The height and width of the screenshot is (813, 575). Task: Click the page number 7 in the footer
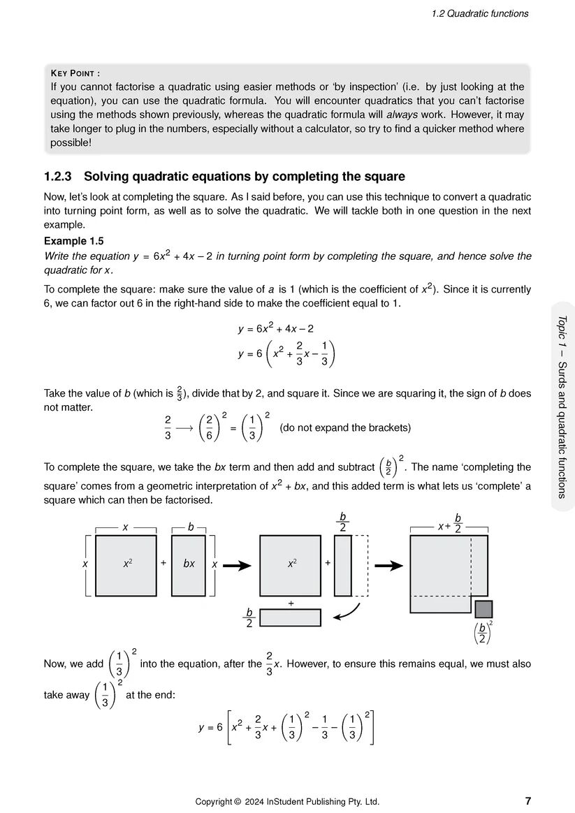(x=527, y=801)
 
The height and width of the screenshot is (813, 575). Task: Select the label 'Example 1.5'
(x=73, y=241)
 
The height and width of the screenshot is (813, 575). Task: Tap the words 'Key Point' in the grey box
(x=75, y=73)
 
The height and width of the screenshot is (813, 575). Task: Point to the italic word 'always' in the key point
(x=402, y=115)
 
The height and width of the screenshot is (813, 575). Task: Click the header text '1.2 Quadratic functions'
(x=480, y=13)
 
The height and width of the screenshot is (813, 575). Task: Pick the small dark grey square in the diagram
(x=483, y=609)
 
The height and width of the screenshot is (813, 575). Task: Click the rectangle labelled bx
(x=189, y=565)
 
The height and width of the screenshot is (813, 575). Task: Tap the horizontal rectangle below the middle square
(x=290, y=617)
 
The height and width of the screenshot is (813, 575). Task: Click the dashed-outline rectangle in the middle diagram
(x=360, y=565)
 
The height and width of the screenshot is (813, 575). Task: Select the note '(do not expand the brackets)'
(x=344, y=427)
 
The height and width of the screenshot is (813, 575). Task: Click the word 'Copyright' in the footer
(x=214, y=801)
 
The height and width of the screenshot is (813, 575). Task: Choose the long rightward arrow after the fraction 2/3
(x=184, y=428)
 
